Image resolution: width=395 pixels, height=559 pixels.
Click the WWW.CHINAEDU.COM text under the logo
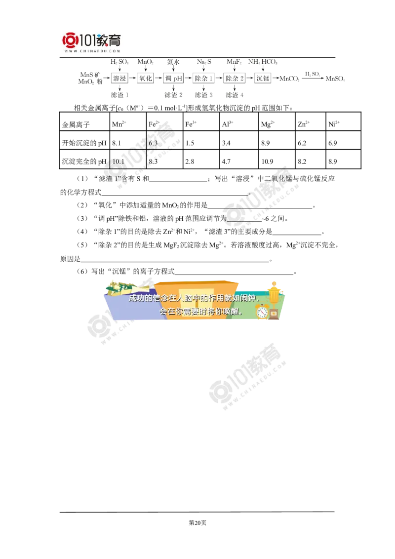92,51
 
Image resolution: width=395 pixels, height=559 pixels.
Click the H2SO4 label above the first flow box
119,62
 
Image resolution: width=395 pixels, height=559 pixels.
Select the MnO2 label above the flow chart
145,62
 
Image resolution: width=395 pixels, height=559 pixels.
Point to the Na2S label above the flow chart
204,62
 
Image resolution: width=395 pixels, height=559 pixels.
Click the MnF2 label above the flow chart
233,62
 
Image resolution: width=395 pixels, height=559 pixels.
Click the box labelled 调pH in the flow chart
174,79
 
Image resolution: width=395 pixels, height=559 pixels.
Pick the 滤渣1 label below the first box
120,94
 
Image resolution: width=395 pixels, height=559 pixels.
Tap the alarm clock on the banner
262,312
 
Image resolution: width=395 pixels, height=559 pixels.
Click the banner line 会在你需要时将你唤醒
201,312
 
